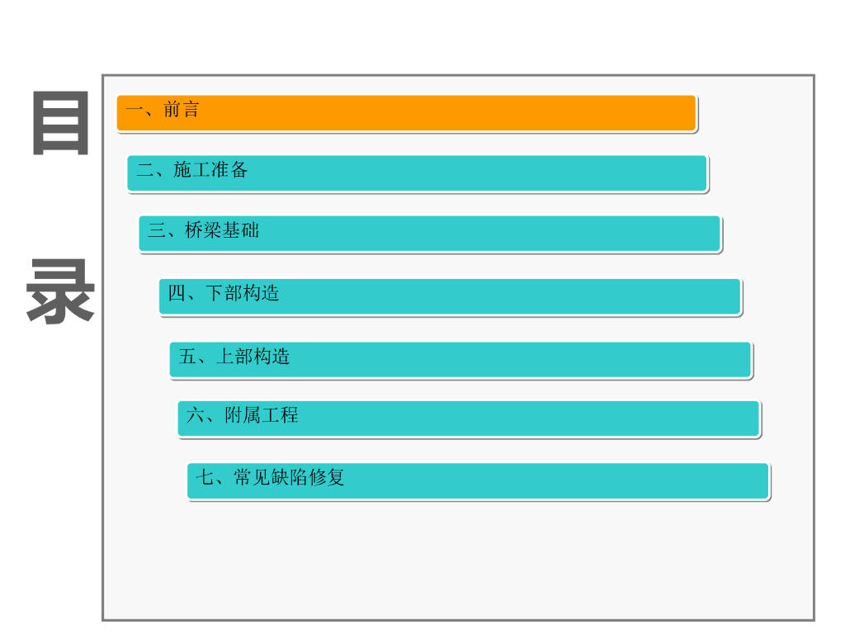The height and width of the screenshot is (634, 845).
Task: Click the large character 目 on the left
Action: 60,125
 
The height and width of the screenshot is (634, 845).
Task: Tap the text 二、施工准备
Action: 192,171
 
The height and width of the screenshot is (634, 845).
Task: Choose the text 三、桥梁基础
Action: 204,231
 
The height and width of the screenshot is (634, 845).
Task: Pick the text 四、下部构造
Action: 224,293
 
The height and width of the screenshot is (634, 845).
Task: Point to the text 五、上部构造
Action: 234,357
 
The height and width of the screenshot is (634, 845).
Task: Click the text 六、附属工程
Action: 243,415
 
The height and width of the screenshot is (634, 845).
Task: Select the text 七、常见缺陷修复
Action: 270,477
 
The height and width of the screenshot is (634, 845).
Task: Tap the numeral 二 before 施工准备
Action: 145,172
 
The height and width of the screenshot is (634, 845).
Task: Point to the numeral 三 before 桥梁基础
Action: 157,231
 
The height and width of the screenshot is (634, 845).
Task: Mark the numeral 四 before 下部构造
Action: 177,293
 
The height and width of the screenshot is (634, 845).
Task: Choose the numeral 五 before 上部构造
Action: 188,357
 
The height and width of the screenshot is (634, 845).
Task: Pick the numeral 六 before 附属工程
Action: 196,415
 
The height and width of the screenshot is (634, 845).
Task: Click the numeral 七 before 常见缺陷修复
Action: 205,477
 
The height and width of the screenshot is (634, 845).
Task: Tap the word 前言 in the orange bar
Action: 182,110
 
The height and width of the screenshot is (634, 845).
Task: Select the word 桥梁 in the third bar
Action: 204,231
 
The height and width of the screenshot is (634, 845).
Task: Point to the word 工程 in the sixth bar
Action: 280,415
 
